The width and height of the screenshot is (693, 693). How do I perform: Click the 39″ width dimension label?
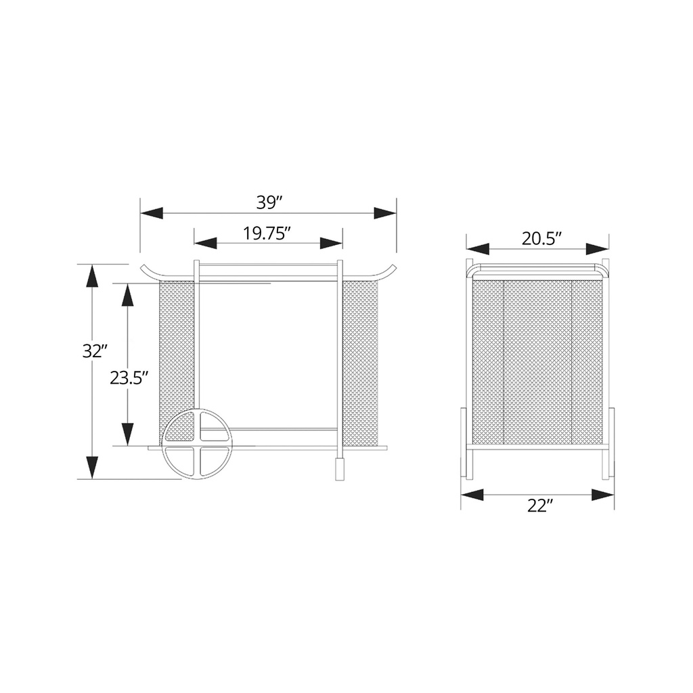click(x=269, y=202)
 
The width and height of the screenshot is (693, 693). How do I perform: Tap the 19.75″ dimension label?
click(x=267, y=233)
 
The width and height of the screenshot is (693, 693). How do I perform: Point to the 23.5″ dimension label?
click(x=129, y=378)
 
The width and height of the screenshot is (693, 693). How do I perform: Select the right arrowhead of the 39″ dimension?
click(x=385, y=213)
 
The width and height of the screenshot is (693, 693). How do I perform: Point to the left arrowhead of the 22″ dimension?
click(x=472, y=495)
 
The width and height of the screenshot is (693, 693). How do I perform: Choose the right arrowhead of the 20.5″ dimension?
click(x=598, y=249)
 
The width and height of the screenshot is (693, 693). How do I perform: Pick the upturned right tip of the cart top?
click(x=390, y=269)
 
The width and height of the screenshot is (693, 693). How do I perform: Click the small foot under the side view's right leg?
click(x=339, y=468)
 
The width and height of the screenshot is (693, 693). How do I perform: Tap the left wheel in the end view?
click(x=464, y=443)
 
